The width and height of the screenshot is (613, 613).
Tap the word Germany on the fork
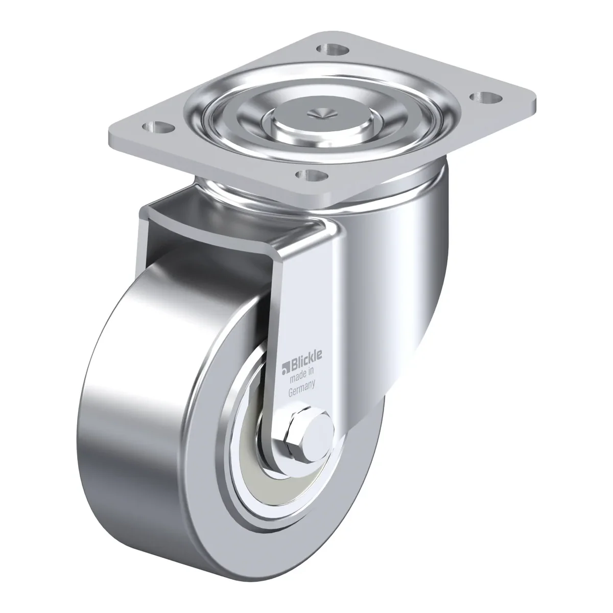point(301,389)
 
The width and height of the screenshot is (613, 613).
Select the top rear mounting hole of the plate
point(333,49)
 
